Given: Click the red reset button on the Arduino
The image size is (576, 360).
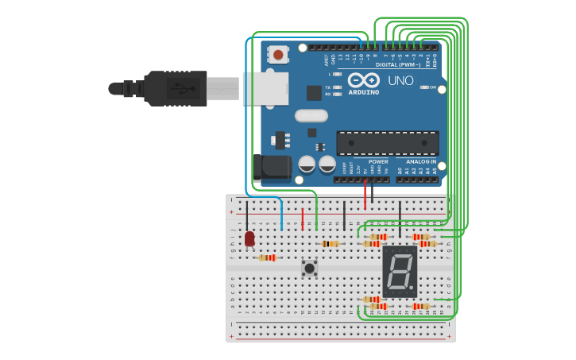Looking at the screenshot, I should click(x=278, y=55).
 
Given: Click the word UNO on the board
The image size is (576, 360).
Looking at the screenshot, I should click(x=400, y=81).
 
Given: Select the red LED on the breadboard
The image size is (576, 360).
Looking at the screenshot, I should click(x=249, y=238).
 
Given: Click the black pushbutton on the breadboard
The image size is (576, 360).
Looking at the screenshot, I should click(x=310, y=268).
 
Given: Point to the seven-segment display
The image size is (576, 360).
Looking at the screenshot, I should click(x=400, y=271).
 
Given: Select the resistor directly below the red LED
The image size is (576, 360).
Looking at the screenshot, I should click(x=268, y=257).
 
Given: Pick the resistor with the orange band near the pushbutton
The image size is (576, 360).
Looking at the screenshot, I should click(x=331, y=244).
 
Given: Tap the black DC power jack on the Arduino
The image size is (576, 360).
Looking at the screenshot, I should click(x=270, y=166).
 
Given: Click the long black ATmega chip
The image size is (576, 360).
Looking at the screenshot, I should click(x=388, y=143).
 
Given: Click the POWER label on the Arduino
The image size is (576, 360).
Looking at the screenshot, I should click(x=378, y=161).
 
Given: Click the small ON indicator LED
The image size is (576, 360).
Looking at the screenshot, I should click(x=423, y=87).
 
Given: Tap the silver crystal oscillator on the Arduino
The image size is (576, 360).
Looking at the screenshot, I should click(x=311, y=115).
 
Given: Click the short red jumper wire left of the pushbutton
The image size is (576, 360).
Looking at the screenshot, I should click(x=303, y=219).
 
